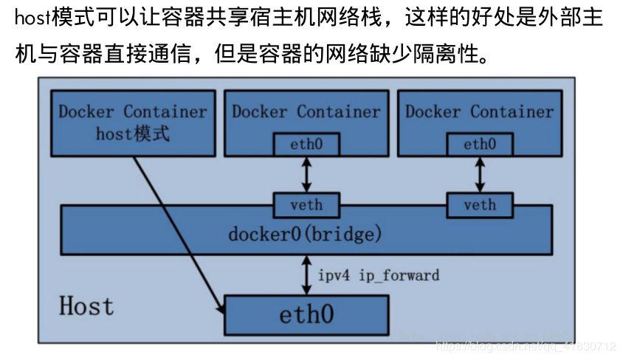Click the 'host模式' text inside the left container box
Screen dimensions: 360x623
133,134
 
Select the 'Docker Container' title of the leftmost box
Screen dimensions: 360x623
133,112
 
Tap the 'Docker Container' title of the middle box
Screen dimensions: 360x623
306,112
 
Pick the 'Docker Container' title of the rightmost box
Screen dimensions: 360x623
479,112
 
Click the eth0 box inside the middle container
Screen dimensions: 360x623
306,145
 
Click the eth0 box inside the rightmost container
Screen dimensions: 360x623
480,145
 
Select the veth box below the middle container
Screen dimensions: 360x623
306,205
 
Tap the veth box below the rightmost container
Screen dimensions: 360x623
480,205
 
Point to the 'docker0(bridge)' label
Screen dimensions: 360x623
305,235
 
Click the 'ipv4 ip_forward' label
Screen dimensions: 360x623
378,275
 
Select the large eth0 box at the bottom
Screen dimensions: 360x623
306,314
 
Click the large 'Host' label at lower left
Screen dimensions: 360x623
86,305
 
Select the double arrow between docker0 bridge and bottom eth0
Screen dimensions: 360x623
306,274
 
